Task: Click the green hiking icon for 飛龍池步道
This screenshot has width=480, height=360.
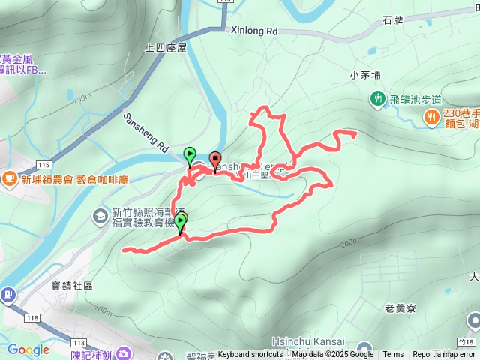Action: pos(377,98)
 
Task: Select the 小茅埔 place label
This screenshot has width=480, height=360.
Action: pos(365,74)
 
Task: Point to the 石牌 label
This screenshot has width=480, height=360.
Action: pos(392,20)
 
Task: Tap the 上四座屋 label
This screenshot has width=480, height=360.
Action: pos(165,46)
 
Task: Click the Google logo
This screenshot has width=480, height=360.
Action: pos(28,349)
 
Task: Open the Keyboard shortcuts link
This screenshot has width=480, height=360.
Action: pos(250,355)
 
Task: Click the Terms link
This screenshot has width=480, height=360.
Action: pos(393,355)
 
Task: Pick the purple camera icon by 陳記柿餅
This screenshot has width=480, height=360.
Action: pos(122,352)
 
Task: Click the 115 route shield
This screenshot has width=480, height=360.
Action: pos(43,164)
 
